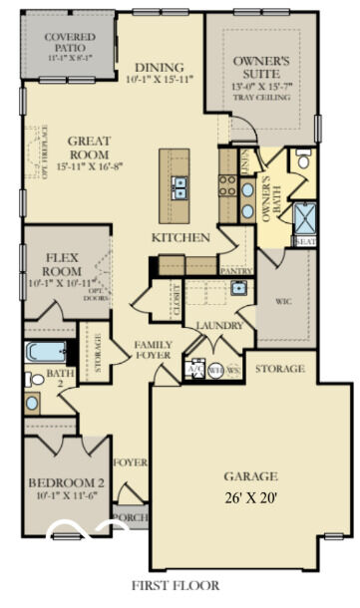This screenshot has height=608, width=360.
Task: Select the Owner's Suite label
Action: pos(262,68)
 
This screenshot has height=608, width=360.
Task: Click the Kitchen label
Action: pos(180,238)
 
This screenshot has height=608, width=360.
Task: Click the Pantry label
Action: pos(236,270)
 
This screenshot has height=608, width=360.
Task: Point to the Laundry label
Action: pos(214,326)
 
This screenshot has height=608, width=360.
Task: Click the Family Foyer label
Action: pos(154,350)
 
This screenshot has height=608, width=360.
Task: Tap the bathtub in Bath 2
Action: pos(46,353)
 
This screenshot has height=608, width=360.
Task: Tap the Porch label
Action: pos(130,518)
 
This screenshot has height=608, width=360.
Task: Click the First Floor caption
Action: pos(180,586)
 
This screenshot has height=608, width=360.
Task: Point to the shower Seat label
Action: pos(304,241)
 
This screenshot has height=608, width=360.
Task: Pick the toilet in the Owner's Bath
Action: pos(303,159)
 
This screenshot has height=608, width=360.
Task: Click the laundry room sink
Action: pos(238,288)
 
